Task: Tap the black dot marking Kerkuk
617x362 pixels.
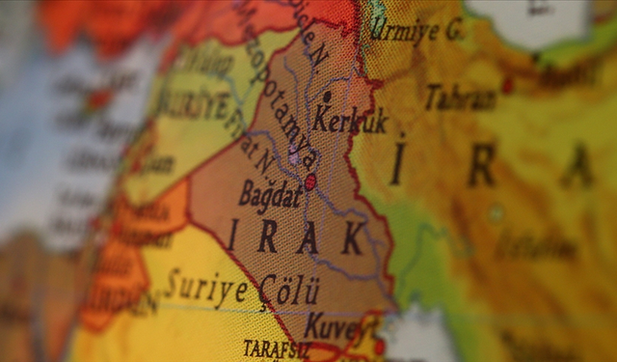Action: [x=327, y=97]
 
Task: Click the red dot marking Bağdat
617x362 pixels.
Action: [x=310, y=181]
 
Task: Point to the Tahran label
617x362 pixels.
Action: [x=461, y=96]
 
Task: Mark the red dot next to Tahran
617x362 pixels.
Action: [x=507, y=85]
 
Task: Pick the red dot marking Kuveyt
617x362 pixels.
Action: [x=379, y=346]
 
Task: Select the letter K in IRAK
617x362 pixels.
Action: [x=352, y=237]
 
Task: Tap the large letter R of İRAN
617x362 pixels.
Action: [x=481, y=164]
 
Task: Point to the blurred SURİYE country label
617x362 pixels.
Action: [x=192, y=100]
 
